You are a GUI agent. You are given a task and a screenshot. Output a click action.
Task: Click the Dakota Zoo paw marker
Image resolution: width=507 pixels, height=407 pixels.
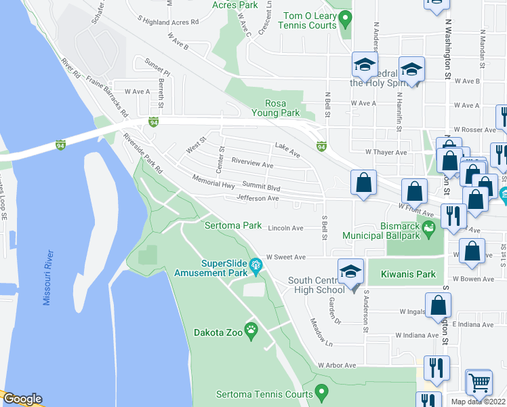[x=252, y=332]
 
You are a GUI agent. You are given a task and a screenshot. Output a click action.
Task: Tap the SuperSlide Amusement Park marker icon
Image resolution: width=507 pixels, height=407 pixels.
[x=256, y=265]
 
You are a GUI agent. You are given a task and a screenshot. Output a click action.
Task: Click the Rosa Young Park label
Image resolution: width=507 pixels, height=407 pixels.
[x=276, y=108]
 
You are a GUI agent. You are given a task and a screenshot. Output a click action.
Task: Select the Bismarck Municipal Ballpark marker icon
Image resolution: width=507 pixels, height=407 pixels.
[x=428, y=229]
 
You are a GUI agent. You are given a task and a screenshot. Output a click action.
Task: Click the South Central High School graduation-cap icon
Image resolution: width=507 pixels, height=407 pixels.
[x=350, y=271]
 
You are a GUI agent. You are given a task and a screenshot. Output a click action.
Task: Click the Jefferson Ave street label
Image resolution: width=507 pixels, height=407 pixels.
[x=258, y=198]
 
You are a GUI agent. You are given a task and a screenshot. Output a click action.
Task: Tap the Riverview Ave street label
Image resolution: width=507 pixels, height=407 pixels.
[x=252, y=163]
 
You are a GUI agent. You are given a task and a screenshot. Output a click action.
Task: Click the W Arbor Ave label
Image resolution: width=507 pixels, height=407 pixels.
[x=337, y=365]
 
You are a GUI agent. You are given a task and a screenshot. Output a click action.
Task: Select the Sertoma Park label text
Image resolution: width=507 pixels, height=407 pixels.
[x=233, y=225]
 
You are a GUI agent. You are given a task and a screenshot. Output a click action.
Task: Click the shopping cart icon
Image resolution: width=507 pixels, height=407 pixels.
[x=479, y=382]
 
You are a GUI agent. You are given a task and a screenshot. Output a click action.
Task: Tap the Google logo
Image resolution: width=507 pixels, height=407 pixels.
[x=22, y=400]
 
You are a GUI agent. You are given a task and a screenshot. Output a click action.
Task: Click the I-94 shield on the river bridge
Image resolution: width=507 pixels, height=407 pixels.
[x=60, y=144]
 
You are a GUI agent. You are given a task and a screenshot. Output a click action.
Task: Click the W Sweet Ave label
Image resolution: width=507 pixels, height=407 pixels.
[x=287, y=257]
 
